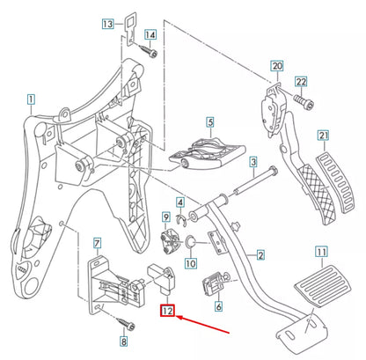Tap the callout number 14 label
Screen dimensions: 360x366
click(150, 35)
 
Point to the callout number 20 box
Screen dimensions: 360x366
click(276, 66)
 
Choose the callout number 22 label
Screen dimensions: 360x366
click(301, 82)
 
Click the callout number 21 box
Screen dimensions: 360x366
click(323, 135)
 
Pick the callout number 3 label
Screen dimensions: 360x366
click(253, 162)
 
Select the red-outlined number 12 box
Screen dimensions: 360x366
click(167, 309)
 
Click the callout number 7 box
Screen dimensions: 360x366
click(98, 241)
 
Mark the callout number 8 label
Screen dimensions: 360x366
click(123, 341)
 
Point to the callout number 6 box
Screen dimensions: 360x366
click(218, 307)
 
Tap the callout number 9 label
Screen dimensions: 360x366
click(165, 217)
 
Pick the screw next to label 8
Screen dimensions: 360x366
click(123, 322)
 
